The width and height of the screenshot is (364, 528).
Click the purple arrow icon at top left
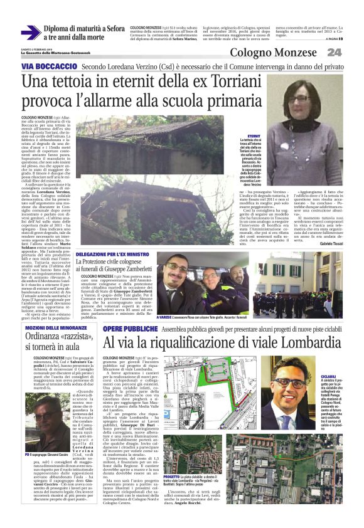[30, 33]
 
